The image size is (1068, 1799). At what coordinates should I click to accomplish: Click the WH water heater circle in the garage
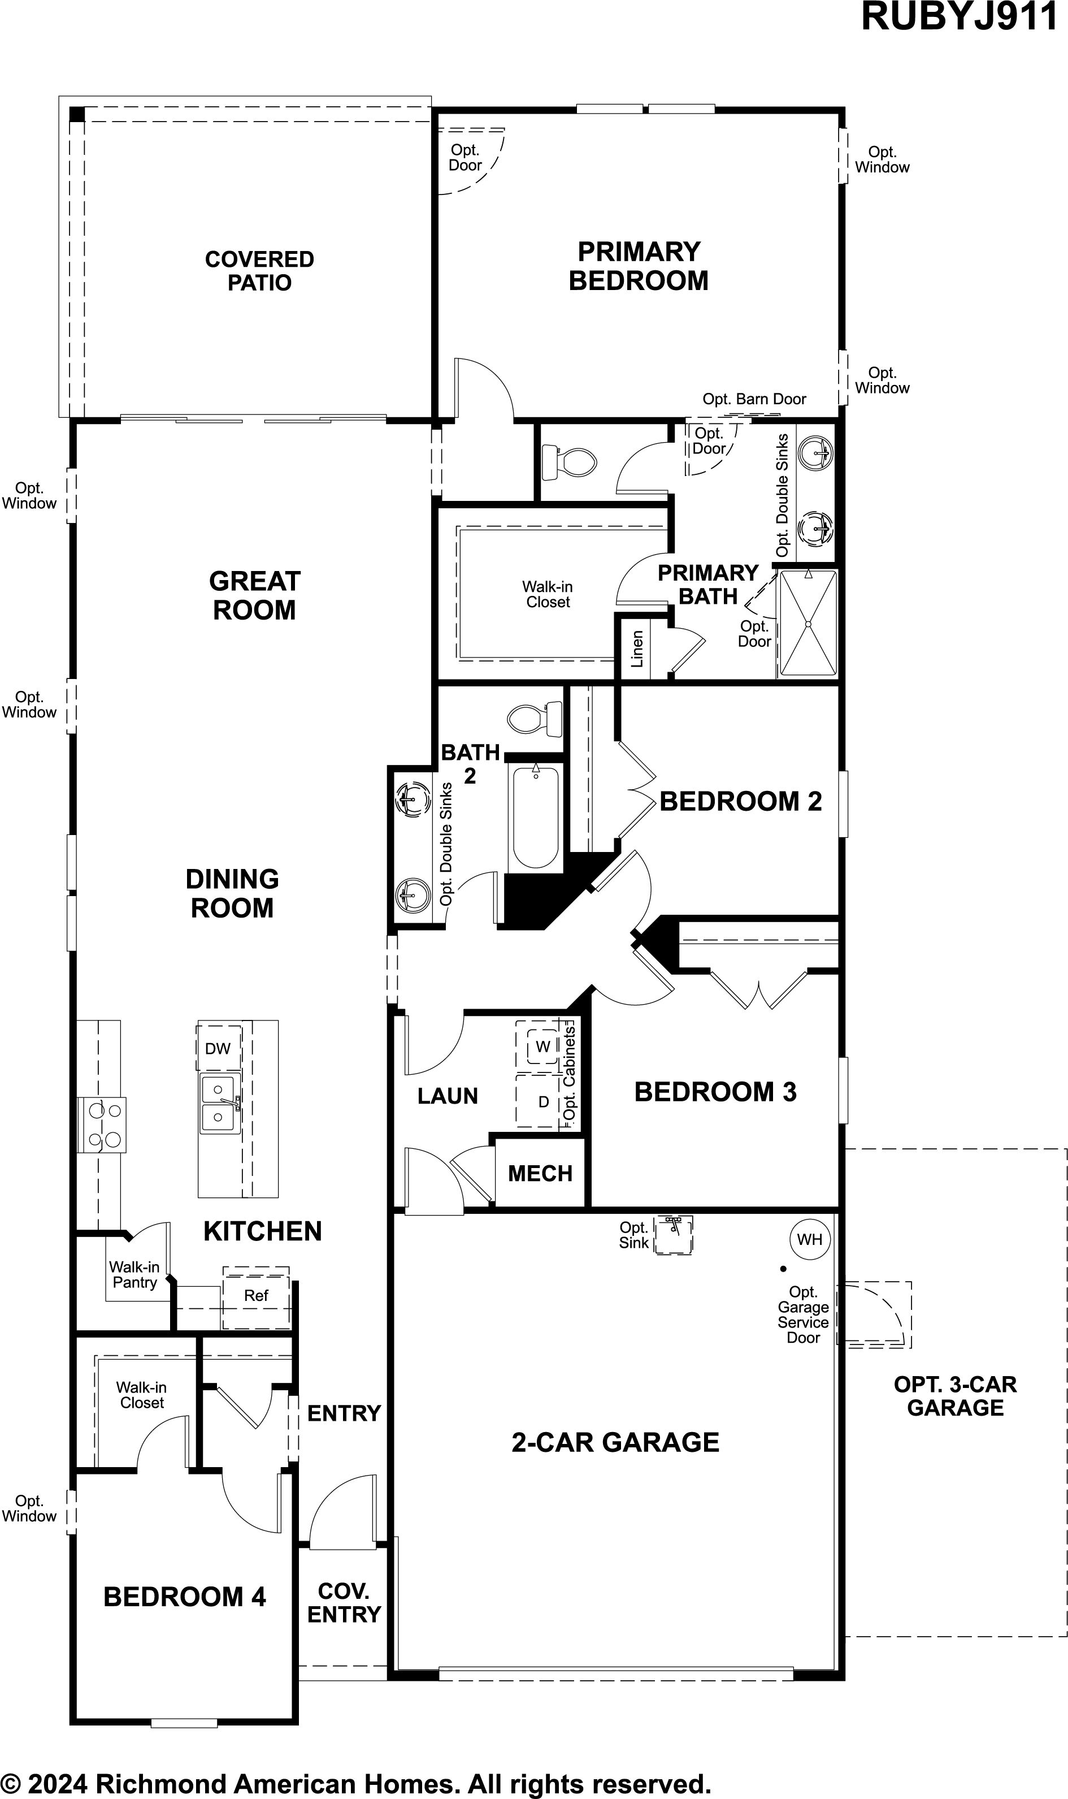tap(810, 1239)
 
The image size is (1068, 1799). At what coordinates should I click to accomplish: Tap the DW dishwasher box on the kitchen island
tap(218, 1048)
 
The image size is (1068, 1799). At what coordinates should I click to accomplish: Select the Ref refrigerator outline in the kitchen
tap(256, 1298)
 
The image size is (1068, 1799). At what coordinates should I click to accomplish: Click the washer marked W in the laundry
tap(542, 1046)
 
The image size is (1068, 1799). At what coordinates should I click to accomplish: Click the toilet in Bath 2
tap(535, 719)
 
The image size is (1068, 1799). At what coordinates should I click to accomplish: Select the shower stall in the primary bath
tap(808, 622)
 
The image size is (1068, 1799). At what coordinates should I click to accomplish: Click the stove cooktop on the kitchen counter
tap(102, 1125)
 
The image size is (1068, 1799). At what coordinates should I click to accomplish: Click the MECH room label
tap(540, 1173)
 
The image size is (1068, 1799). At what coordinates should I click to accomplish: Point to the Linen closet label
tap(637, 648)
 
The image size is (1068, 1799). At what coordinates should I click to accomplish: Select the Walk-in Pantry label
tap(134, 1274)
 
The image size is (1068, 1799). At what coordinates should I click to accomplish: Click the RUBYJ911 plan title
tap(960, 18)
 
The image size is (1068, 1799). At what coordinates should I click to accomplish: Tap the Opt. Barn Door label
tap(754, 399)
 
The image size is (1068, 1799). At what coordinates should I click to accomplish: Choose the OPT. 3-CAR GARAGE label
tap(955, 1396)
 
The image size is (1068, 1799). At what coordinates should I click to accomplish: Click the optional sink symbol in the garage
tap(673, 1235)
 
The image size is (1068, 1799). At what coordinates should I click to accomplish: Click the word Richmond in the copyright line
tap(160, 1779)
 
